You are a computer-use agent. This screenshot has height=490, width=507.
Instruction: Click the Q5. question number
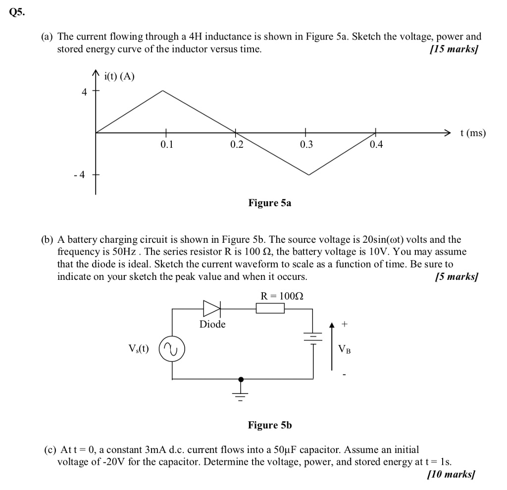(17, 13)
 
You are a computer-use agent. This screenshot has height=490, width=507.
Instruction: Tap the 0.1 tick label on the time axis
(167, 145)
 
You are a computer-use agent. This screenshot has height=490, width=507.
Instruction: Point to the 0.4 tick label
(376, 145)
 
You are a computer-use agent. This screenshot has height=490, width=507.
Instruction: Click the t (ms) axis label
(473, 133)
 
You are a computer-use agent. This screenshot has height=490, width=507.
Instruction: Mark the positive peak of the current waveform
(163, 91)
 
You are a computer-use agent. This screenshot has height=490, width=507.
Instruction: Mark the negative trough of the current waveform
(309, 175)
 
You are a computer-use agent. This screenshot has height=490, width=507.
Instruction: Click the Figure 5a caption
(269, 203)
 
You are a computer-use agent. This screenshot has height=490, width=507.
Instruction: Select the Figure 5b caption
(270, 425)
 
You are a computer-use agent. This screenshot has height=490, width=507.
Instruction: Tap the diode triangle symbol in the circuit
(211, 309)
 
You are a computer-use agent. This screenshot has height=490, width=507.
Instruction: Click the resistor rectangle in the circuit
(270, 309)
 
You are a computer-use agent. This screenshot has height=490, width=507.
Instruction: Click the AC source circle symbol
(171, 350)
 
